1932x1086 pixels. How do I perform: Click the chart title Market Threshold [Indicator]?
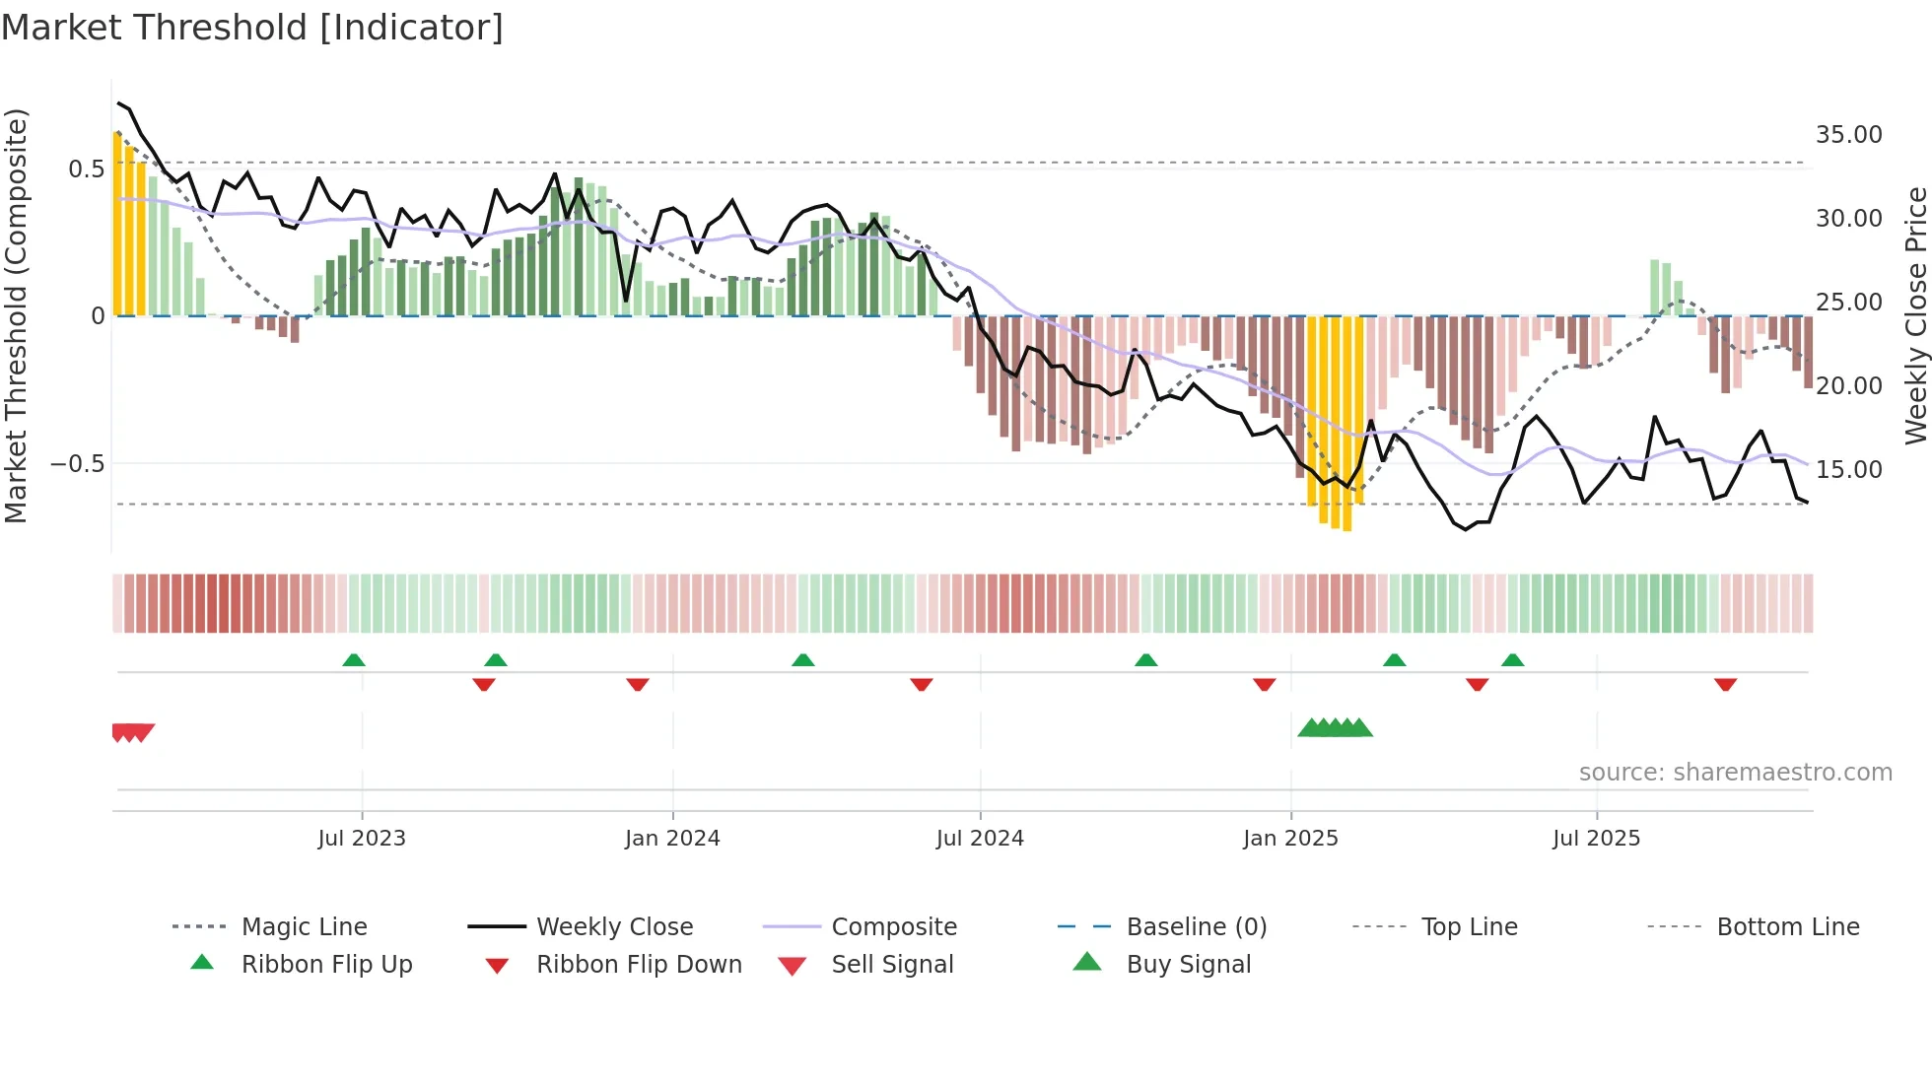pos(252,28)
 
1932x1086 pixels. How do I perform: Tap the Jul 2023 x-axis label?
pos(362,838)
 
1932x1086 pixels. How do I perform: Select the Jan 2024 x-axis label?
pos(672,838)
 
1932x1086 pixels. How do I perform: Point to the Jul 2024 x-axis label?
pos(980,838)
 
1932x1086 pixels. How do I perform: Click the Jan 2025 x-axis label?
pos(1290,838)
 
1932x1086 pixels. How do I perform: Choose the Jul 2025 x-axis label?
pos(1596,838)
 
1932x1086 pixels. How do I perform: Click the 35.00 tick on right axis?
pos(1848,134)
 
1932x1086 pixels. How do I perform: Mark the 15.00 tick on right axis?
pos(1848,469)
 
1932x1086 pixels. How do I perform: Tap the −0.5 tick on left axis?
pos(77,463)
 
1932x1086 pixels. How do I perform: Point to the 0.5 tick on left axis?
pos(86,169)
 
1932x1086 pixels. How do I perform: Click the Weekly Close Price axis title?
pos(1915,315)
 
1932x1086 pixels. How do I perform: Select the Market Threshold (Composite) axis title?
pos(16,315)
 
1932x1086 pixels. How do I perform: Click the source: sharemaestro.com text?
pos(1735,772)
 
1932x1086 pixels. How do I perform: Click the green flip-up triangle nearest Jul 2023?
pos(354,660)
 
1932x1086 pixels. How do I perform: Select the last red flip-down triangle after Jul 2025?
pos(1725,684)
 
